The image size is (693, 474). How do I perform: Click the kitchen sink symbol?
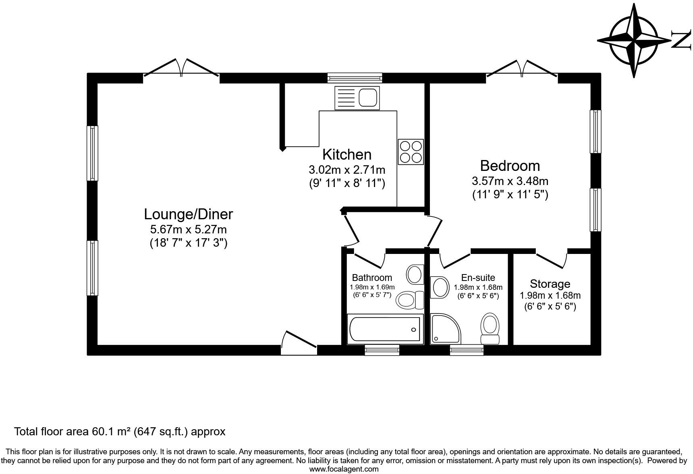coord(357,98)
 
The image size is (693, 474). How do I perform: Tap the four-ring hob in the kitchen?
coord(411,152)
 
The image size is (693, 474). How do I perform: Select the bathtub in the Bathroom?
coord(385,329)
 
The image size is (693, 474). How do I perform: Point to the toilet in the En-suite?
coord(490,328)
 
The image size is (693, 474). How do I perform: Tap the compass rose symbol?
coord(634,41)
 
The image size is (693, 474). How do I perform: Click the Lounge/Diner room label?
coord(189,214)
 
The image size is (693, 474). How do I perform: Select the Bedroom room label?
coord(510,166)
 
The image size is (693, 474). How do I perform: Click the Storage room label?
coord(550,284)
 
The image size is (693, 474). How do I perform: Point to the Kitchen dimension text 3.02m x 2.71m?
coord(346,169)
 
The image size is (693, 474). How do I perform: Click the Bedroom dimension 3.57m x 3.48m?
coord(510,181)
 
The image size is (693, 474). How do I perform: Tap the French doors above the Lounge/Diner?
coord(181,69)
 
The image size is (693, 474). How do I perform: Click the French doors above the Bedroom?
coord(522,69)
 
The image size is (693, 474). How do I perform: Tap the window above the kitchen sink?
coord(355,77)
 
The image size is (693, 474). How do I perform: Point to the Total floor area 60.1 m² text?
coord(120,432)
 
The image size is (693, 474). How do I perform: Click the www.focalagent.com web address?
coord(344,469)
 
